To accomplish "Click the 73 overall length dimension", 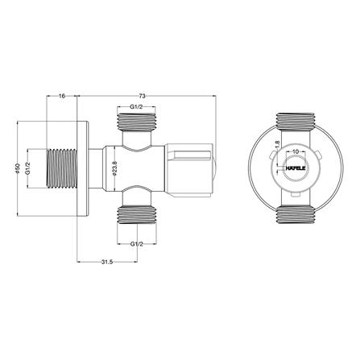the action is tap(143, 96).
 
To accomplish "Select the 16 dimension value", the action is tap(62, 96).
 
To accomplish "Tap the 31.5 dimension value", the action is tap(107, 263).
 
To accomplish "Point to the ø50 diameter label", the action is tap(18, 168).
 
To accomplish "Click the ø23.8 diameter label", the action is tap(114, 168).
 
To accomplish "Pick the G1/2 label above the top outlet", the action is tap(136, 107).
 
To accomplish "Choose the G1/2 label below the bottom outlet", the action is tap(137, 244).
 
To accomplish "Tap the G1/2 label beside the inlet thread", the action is tap(27, 168).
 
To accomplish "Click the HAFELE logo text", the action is tap(296, 168).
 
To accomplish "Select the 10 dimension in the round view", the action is tap(296, 151).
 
